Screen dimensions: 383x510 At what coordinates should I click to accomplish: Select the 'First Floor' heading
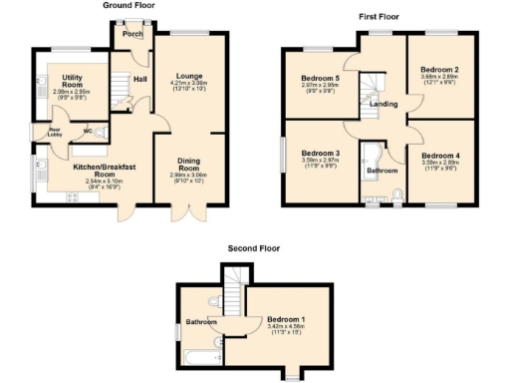coord(380,17)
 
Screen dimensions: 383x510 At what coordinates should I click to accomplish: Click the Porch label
coord(130,34)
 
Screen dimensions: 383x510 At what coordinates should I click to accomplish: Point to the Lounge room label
coord(189,76)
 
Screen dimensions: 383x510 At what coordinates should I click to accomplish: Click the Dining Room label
coord(189,164)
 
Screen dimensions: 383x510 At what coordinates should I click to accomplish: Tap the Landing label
coord(383,103)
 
